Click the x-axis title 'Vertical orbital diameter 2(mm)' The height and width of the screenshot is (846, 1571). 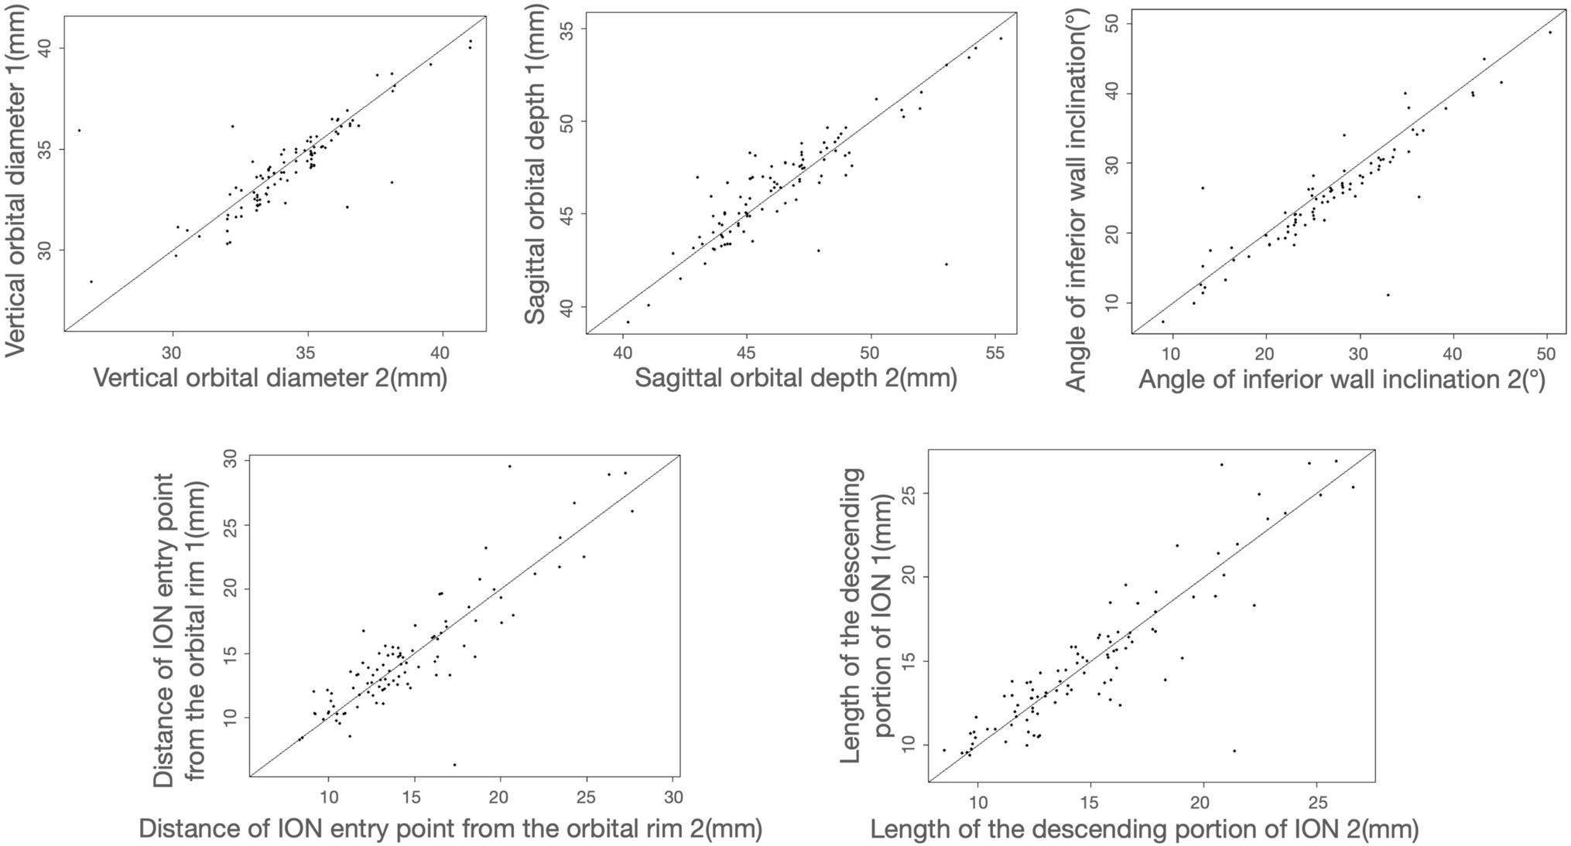270,378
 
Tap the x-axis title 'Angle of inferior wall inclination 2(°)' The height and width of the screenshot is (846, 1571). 1342,380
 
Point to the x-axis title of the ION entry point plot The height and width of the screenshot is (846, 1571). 450,829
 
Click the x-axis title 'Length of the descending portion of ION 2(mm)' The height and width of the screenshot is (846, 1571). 1144,830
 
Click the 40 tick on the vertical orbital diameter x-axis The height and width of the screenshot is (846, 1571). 440,351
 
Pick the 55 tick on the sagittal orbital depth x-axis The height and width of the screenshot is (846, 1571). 995,353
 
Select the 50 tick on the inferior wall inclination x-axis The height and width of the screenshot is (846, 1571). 1546,353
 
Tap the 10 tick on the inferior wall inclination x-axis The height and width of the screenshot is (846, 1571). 1172,353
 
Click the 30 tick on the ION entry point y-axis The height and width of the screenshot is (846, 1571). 229,461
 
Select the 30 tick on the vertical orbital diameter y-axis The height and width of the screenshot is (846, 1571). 45,250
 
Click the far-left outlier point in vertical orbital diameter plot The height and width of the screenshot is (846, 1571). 79,130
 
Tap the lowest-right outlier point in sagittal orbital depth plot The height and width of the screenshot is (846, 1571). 946,264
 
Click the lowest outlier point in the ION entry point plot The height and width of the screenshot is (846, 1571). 454,765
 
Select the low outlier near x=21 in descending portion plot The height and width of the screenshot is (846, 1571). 1234,750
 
